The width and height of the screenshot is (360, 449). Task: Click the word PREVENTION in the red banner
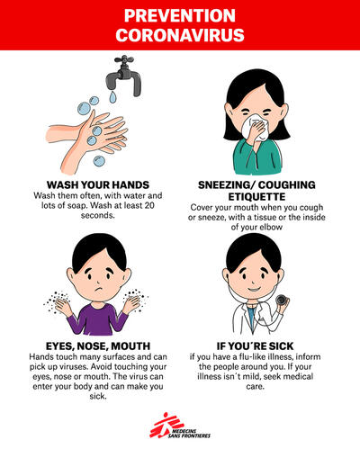coord(180,15)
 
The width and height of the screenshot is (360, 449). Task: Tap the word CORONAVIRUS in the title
coord(180,35)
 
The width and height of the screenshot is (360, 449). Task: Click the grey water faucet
coord(124,76)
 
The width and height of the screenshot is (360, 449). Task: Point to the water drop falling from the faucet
coord(112,97)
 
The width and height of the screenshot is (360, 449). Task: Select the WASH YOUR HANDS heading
coord(98,184)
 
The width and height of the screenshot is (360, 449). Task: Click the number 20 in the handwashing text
coord(149,205)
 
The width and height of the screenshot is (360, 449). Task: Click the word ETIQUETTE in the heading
coord(256,197)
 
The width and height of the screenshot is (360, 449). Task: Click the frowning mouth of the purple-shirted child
coord(99,290)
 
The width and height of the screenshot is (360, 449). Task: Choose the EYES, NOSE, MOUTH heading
coord(98,346)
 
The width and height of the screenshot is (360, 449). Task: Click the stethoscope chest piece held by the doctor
coord(283,300)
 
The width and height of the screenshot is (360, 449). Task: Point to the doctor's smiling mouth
coord(254,290)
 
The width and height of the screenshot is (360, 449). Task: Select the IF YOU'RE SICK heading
coord(255,346)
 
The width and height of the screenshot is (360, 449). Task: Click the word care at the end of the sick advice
coord(255,386)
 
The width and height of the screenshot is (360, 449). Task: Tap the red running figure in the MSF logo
coord(165,425)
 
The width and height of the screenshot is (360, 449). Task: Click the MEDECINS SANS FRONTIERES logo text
coord(189,433)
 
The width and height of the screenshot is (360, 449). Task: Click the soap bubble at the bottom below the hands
coord(99,161)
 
